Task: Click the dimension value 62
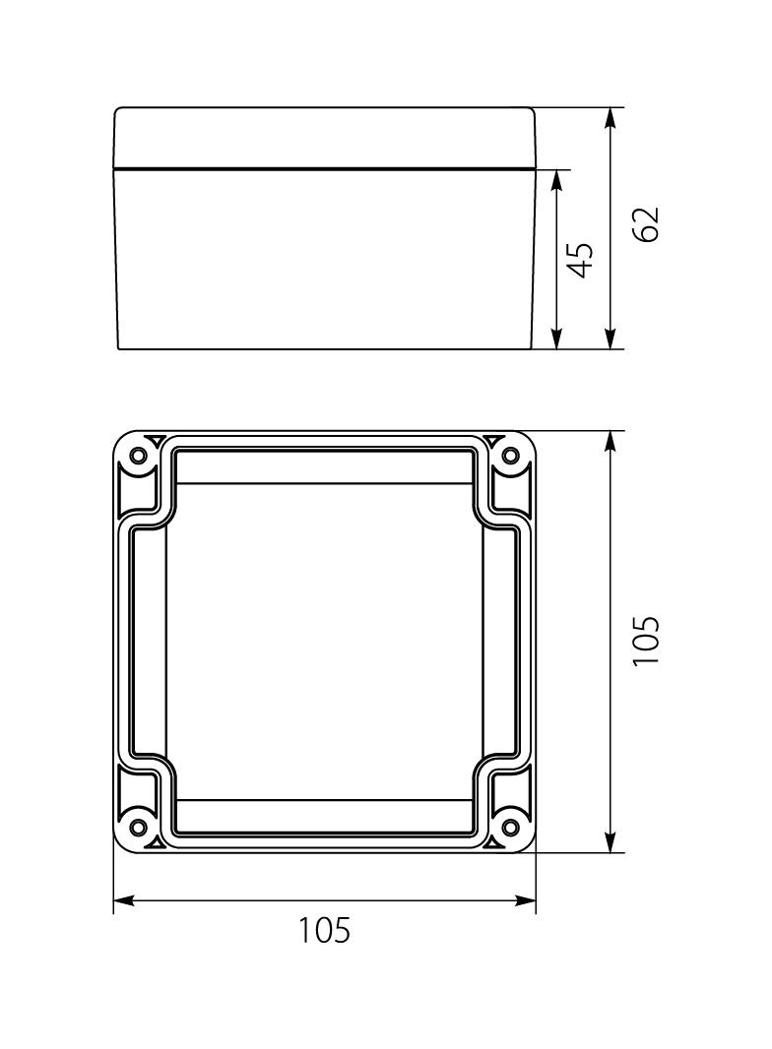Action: point(645,224)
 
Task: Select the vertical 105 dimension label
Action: point(645,642)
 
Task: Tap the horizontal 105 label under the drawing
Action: point(325,929)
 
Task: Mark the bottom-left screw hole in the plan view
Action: point(138,826)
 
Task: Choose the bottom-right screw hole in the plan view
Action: point(510,826)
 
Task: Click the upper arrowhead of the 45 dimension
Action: point(557,180)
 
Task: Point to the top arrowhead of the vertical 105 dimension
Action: point(611,441)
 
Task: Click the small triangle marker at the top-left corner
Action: point(156,439)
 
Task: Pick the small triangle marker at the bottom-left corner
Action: point(156,842)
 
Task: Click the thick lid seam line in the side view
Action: point(325,169)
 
